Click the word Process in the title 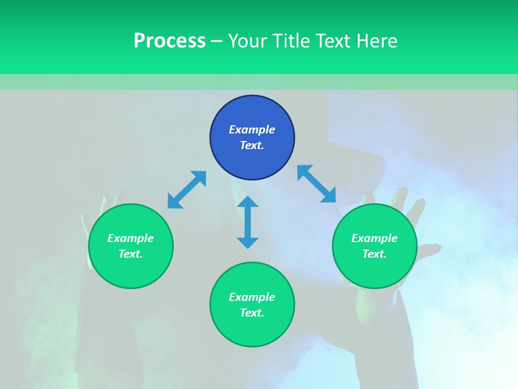(169, 41)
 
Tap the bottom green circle (252, 327)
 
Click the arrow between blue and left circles (187, 190)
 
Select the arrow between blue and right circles (316, 184)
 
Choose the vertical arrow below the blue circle (248, 222)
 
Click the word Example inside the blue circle (252, 130)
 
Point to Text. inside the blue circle (252, 145)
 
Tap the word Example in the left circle (131, 238)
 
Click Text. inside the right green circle (374, 254)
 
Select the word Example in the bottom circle (252, 297)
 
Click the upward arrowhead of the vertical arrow (248, 202)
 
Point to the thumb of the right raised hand (429, 250)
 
